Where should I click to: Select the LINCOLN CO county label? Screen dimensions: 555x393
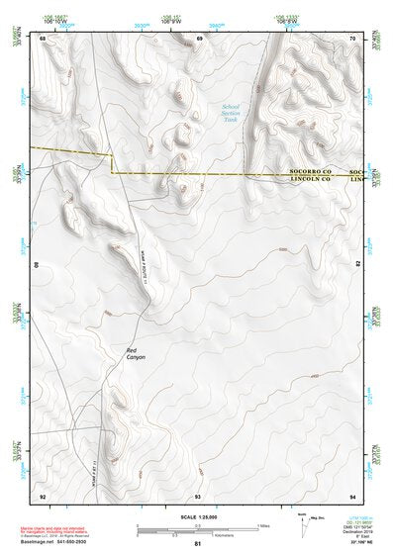click(310, 180)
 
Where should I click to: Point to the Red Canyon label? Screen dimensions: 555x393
click(136, 352)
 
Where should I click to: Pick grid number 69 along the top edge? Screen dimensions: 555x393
click(199, 38)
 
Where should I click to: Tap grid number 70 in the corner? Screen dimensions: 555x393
click(351, 38)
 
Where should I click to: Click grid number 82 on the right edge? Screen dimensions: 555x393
click(358, 265)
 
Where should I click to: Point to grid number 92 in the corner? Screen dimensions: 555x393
click(43, 495)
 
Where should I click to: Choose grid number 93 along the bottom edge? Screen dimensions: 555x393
click(198, 495)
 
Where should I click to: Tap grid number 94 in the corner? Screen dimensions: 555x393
click(351, 495)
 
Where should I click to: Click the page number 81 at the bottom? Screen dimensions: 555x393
click(198, 544)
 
